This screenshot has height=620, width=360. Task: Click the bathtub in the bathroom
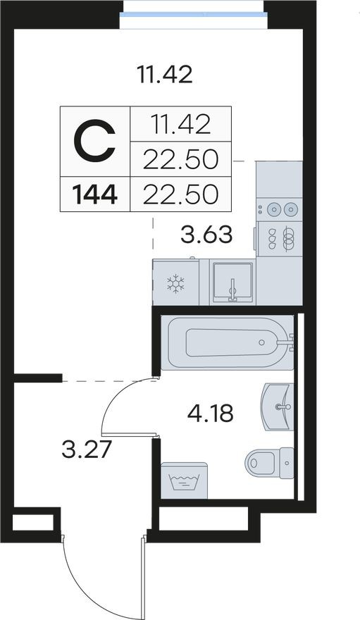(x=228, y=343)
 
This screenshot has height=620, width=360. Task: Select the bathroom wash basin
(x=278, y=406)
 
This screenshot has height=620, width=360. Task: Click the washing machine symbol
(x=183, y=481)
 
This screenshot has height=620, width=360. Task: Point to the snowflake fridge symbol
(x=175, y=283)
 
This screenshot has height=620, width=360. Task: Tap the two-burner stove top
(x=279, y=209)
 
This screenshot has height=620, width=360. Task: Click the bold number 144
(x=94, y=193)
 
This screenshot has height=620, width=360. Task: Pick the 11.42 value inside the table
(x=181, y=124)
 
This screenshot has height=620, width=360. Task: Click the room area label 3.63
(x=206, y=235)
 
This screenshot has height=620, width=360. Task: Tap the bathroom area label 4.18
(x=210, y=412)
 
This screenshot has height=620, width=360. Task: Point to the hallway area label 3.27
(x=87, y=448)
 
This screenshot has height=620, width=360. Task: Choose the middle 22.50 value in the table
(x=180, y=159)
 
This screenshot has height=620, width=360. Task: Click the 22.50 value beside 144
(x=180, y=193)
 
